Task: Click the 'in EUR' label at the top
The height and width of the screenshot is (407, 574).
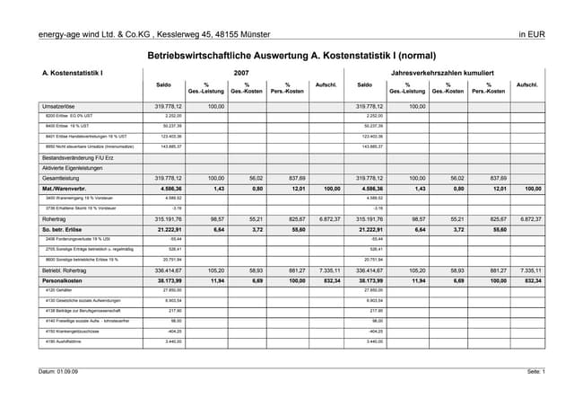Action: pyautogui.click(x=532, y=34)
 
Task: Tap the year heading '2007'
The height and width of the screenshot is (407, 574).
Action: pyautogui.click(x=241, y=72)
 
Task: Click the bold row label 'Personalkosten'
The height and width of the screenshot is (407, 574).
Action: pyautogui.click(x=64, y=279)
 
